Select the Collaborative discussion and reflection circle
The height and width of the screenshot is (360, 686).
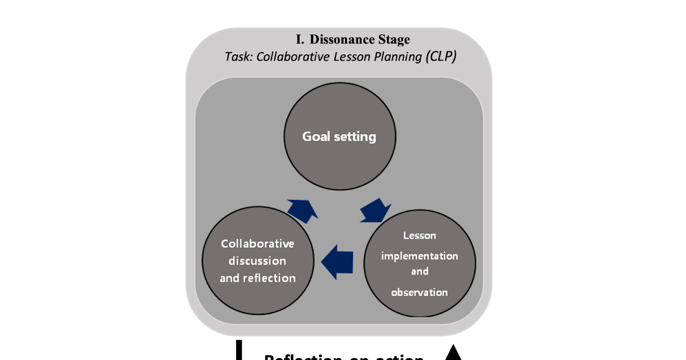coord(258,261)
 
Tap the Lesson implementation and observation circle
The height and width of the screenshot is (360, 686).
coord(420,263)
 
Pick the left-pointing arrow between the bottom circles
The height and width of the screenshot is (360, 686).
coord(338,262)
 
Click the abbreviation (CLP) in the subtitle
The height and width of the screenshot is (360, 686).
coord(440,58)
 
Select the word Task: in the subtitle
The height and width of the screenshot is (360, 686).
coord(239,58)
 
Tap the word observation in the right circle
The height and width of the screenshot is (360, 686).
coord(419,293)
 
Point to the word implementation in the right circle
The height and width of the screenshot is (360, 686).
coord(420,255)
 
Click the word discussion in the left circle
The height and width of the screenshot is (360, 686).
coord(257,261)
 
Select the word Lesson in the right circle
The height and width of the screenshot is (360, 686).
coord(420,235)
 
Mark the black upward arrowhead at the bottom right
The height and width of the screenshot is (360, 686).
coord(453,353)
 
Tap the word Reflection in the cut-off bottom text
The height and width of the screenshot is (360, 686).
coord(300,357)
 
